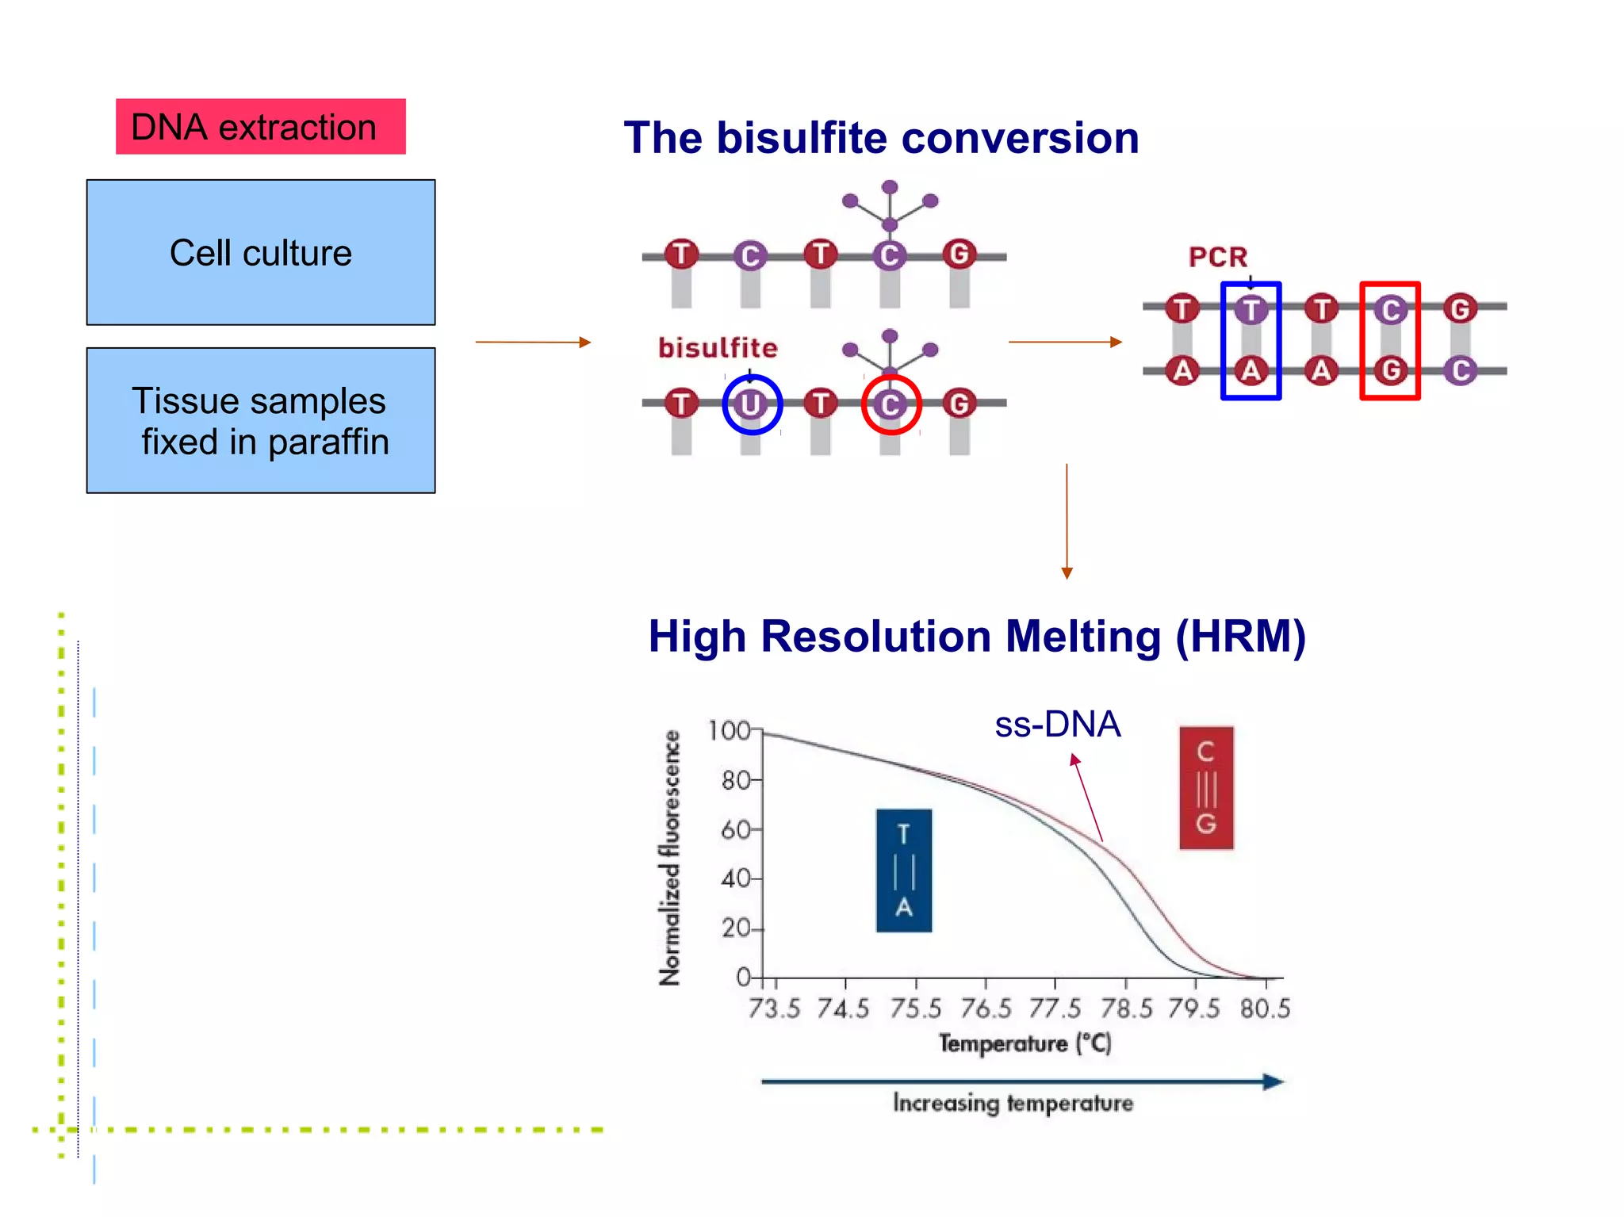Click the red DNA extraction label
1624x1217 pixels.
point(260,127)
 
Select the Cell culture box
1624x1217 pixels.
point(260,252)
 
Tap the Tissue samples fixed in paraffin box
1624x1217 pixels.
point(260,420)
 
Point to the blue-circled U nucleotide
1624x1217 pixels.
point(751,404)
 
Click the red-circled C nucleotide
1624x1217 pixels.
point(891,404)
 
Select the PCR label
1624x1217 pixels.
point(1217,257)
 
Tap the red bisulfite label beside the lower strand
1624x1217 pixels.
point(718,347)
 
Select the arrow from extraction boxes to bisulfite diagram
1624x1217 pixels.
point(533,342)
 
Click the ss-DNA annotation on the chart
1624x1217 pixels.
point(1057,724)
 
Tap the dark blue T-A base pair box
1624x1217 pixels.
point(903,870)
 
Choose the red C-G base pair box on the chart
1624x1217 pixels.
point(1205,787)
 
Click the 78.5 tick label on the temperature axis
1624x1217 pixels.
point(1125,1008)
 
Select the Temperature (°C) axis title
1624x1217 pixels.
point(1025,1043)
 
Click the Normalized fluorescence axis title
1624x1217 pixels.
point(670,858)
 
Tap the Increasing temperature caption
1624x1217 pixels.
point(1013,1103)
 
